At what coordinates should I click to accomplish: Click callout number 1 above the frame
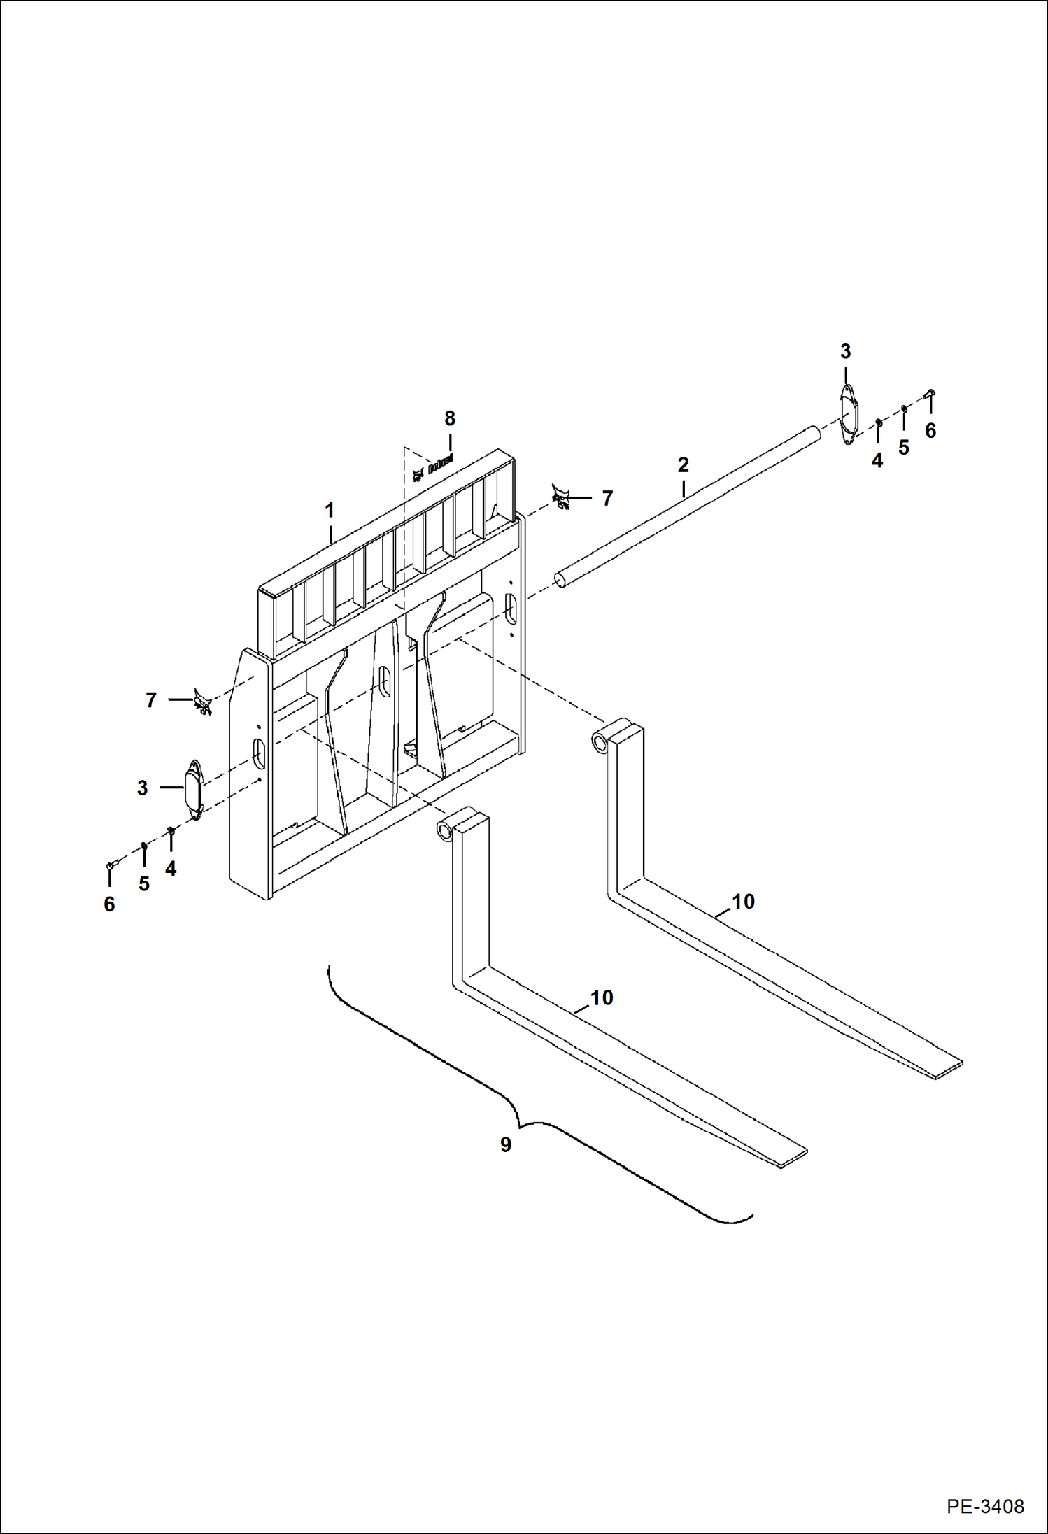[x=330, y=510]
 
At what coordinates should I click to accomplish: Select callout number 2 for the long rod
[x=683, y=464]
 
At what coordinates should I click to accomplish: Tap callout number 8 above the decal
[x=450, y=418]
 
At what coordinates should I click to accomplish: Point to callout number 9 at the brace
[x=505, y=1145]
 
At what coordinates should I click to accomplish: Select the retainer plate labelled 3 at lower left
[x=194, y=790]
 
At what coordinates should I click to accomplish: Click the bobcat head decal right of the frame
[x=561, y=497]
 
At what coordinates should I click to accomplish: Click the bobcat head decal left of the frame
[x=203, y=701]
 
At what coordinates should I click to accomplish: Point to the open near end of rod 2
[x=560, y=579]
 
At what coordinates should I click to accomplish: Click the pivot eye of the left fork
[x=444, y=830]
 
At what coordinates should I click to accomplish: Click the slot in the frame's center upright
[x=383, y=680]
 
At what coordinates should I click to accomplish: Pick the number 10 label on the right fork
[x=743, y=902]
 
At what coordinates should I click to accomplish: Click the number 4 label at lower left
[x=171, y=869]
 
